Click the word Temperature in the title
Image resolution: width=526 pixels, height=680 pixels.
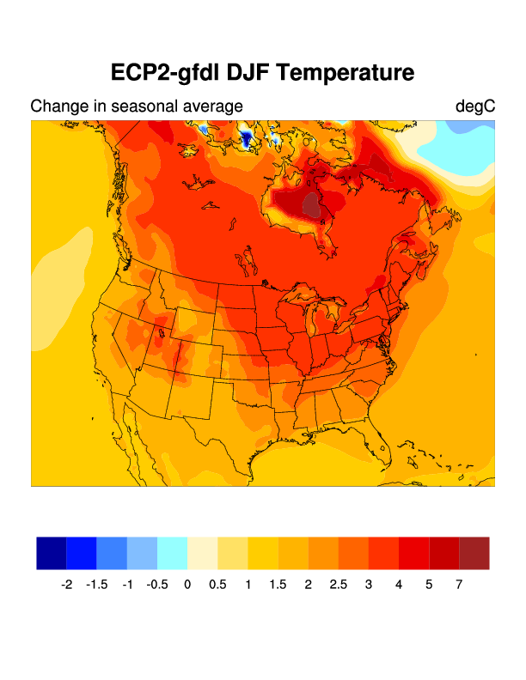347,73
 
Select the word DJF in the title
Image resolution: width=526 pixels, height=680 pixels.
248,73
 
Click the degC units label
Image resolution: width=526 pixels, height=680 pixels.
475,106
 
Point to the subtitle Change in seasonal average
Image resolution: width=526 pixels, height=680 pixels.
137,106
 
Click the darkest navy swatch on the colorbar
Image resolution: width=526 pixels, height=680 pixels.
52,553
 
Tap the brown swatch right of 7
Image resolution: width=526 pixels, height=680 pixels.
474,553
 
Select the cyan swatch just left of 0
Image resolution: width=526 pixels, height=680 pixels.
172,553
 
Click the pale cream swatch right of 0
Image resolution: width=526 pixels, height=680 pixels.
203,553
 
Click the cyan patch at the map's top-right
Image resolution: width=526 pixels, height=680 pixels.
464,150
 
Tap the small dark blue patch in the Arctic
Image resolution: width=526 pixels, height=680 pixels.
248,137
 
